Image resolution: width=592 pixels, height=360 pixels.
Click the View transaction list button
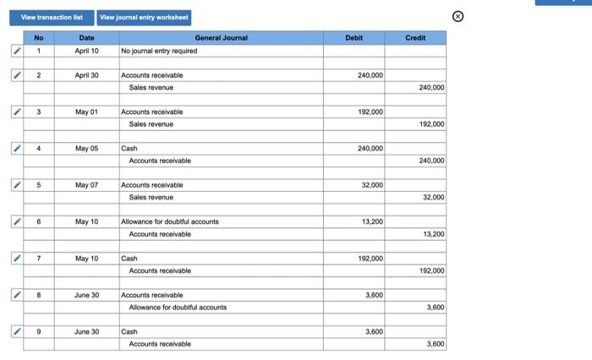coord(52,17)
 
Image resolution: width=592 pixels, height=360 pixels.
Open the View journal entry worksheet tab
coord(144,17)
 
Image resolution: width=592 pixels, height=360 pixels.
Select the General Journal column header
coord(221,38)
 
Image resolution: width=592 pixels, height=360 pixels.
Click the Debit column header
coord(354,38)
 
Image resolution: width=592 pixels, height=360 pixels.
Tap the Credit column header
coord(415,38)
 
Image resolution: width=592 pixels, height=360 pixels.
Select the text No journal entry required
coord(160,51)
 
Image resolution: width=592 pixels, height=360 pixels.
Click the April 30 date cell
coord(86,75)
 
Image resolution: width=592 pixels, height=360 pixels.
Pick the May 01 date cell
coord(86,112)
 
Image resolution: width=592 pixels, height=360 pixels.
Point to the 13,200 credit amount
coord(433,234)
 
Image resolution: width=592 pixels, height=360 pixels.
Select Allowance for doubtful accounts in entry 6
coord(170,221)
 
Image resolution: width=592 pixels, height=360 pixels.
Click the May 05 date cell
coord(86,149)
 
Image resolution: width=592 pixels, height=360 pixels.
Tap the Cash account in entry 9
coord(129,331)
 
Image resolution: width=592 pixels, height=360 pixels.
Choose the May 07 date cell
coord(86,185)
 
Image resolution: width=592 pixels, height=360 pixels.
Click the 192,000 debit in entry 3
coord(370,112)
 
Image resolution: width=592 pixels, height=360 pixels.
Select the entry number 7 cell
coord(38,259)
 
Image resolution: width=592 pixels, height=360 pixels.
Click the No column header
coord(38,38)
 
